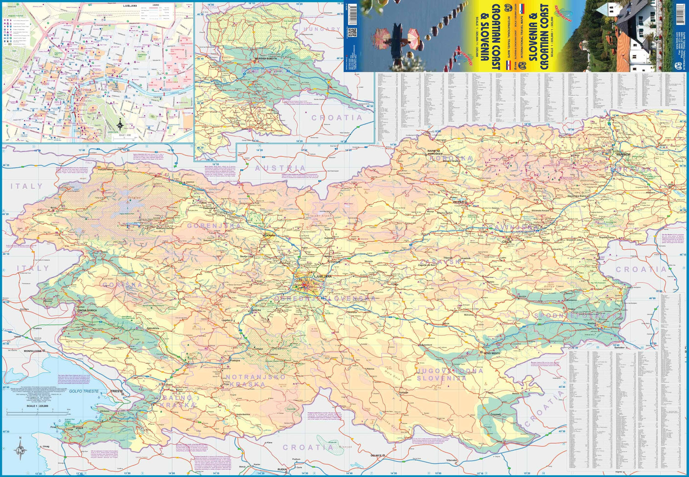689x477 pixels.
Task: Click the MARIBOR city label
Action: (623, 154)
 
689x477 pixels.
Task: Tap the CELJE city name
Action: (507, 241)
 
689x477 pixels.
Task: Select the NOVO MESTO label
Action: (491, 353)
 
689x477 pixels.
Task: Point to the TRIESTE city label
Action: (117, 392)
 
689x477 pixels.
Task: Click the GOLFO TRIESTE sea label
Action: (84, 391)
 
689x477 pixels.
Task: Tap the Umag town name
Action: (45, 446)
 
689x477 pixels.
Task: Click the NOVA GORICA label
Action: (90, 311)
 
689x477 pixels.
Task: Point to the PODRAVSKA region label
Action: (631, 170)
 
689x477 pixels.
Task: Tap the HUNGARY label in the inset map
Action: (322, 29)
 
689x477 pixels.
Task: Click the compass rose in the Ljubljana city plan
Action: (119, 124)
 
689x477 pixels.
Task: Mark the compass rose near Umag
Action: (21, 449)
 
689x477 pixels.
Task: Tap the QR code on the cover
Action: (352, 33)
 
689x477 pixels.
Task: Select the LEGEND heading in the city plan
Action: (156, 5)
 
